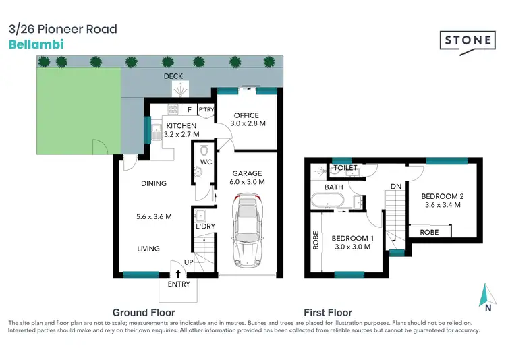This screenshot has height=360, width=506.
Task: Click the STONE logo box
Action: click(468, 40)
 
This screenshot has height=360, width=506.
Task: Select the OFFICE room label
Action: click(245, 115)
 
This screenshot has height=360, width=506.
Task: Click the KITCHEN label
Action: click(181, 126)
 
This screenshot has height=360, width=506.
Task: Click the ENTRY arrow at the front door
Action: click(178, 274)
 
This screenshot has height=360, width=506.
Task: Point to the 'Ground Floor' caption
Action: click(144, 313)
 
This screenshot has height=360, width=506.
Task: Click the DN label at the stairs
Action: click(396, 187)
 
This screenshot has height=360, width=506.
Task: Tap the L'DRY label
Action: click(204, 227)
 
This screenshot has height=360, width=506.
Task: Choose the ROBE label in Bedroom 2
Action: click(429, 232)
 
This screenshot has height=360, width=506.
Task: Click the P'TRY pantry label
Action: click(206, 109)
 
